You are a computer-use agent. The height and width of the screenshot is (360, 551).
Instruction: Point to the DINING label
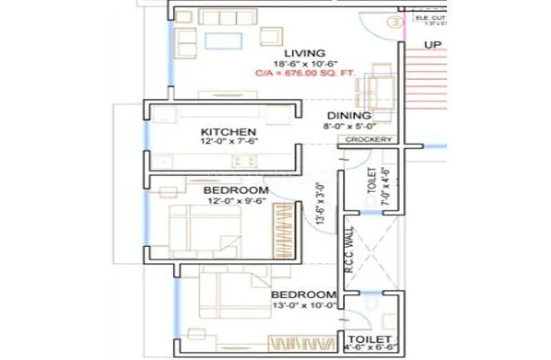click(x=349, y=116)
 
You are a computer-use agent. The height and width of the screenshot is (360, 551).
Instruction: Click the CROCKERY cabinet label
click(x=368, y=140)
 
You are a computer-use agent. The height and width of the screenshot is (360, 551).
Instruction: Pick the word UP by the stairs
click(x=433, y=45)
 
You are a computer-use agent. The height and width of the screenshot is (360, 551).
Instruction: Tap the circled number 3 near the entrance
click(x=395, y=21)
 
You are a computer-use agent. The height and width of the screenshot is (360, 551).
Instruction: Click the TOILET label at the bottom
click(x=370, y=340)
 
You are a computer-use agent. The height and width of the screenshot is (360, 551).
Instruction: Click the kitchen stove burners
click(x=243, y=162)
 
